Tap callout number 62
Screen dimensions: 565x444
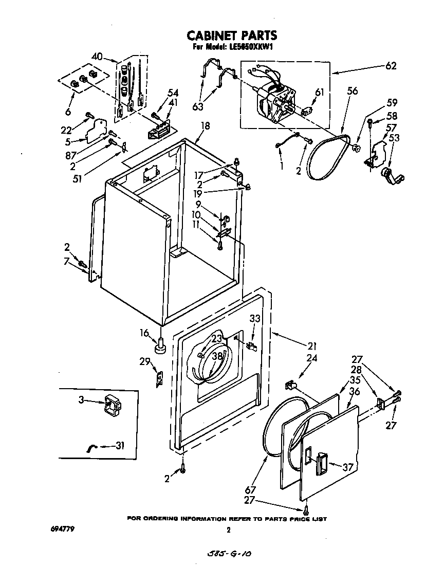pos(391,65)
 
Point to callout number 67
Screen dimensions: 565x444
pos(250,490)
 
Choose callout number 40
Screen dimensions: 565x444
pos(98,57)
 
